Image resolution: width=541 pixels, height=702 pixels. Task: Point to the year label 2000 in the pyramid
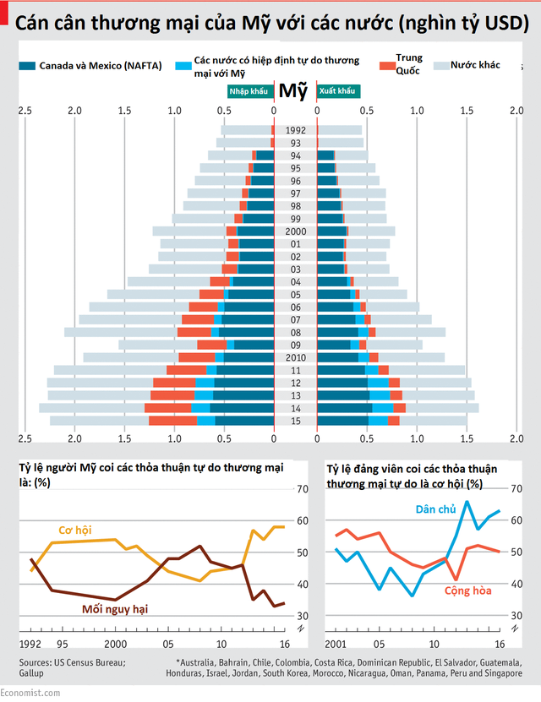tap(295, 231)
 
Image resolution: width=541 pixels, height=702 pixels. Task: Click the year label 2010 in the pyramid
tap(295, 357)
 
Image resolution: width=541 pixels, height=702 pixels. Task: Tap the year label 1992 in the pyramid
tap(295, 130)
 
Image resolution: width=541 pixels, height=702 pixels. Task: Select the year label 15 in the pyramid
tap(295, 421)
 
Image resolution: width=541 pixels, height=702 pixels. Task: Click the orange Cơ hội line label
tap(74, 531)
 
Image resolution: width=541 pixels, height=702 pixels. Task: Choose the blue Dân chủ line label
tap(434, 509)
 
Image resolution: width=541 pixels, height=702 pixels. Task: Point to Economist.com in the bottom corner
tap(31, 694)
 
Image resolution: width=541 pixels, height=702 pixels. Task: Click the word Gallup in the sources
tap(33, 673)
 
